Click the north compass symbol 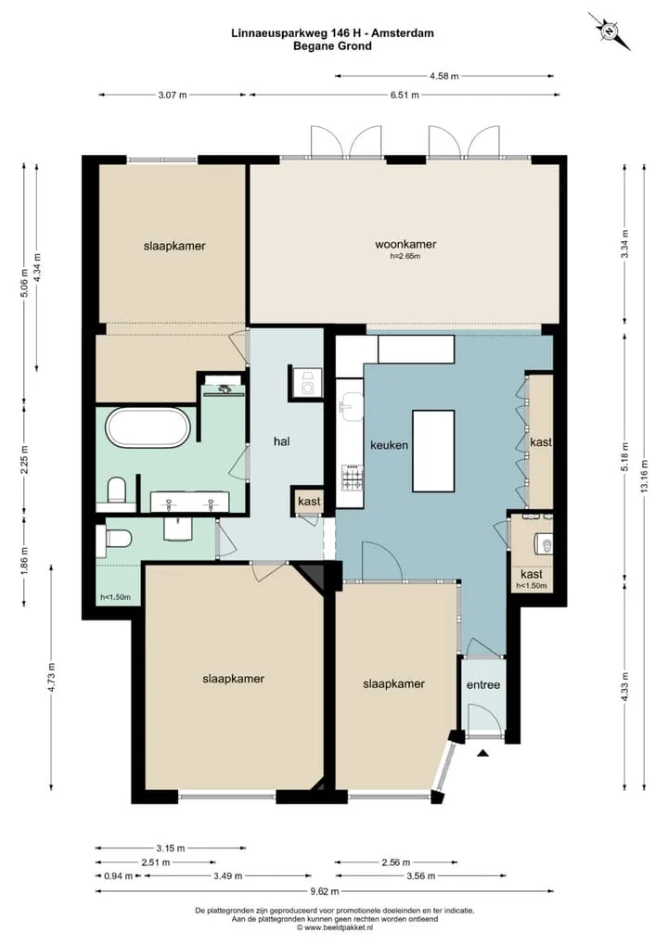click(610, 30)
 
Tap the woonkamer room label click(405, 245)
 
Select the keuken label click(389, 445)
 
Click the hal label click(281, 441)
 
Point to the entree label click(483, 685)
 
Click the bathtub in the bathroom click(148, 427)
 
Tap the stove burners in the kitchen click(353, 477)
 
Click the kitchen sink click(351, 408)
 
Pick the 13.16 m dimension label click(644, 477)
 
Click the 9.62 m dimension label click(324, 892)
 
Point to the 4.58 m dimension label click(443, 76)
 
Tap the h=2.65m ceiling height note click(405, 256)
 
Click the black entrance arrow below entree click(482, 753)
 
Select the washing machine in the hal click(306, 383)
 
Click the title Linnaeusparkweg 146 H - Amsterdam click(332, 33)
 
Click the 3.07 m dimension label click(173, 96)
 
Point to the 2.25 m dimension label click(25, 459)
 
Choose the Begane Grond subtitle click(332, 45)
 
